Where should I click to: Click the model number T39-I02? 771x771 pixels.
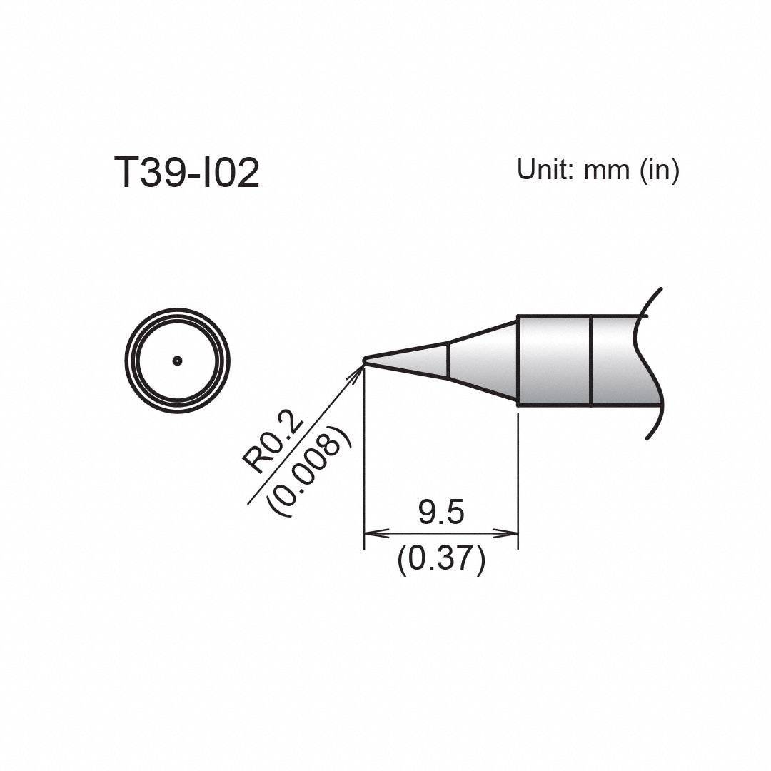coord(186,173)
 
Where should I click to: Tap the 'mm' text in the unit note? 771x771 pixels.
coord(606,171)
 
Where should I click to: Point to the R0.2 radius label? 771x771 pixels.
coord(273,446)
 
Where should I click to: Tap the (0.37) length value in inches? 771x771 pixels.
coord(441,558)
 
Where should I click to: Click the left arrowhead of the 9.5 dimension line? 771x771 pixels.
coord(372,533)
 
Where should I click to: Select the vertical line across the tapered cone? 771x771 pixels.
coord(448,361)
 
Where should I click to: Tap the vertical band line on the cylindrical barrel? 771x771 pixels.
coord(591,361)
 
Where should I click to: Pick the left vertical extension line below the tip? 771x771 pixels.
coord(364,464)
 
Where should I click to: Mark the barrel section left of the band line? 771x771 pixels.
coord(554,361)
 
